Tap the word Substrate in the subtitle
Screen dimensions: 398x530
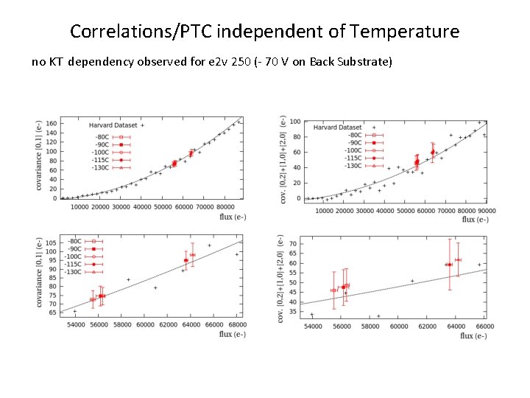point(368,62)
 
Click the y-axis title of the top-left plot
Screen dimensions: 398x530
point(38,156)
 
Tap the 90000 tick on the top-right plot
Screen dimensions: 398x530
point(482,210)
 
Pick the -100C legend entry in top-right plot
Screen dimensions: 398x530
point(353,150)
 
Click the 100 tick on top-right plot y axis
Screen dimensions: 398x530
point(294,122)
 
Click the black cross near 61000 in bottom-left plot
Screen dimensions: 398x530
point(155,288)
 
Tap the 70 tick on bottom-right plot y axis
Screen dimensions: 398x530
point(293,244)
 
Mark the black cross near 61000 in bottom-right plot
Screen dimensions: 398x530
point(412,280)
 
